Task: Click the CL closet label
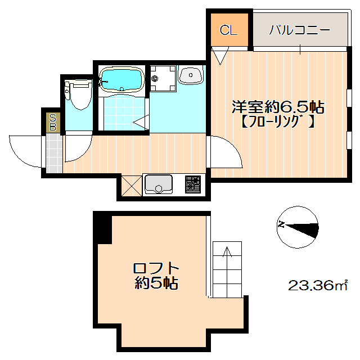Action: pyautogui.click(x=227, y=31)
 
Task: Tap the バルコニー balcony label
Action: pyautogui.click(x=299, y=30)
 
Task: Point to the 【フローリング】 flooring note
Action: pyautogui.click(x=274, y=120)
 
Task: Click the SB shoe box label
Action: pyautogui.click(x=53, y=122)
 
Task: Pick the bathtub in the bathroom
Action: pyautogui.click(x=122, y=80)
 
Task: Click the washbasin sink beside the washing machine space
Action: pyautogui.click(x=191, y=75)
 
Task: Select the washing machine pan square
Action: pyautogui.click(x=163, y=78)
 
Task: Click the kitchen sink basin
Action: pyautogui.click(x=159, y=184)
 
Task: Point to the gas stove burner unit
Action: pyautogui.click(x=193, y=184)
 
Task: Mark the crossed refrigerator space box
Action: pyautogui.click(x=131, y=186)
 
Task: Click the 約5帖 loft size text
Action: pyautogui.click(x=156, y=283)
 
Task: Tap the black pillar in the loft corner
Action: pyautogui.click(x=103, y=227)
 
